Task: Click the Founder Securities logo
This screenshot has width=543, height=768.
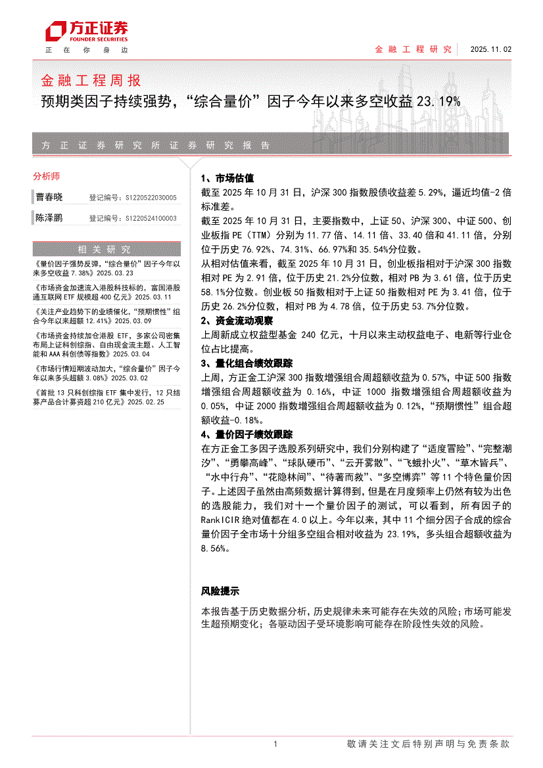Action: point(85,30)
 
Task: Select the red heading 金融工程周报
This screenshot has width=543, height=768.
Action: point(91,81)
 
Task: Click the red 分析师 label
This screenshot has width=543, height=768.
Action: point(46,176)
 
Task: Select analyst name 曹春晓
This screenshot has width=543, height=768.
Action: point(49,197)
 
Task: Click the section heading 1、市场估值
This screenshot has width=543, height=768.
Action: point(227,178)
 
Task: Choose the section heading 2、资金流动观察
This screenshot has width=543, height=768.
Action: point(236,321)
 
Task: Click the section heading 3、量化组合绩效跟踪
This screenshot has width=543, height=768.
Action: point(246,363)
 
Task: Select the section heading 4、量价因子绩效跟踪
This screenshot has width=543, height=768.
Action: point(246,434)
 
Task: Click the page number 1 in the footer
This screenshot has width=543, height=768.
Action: point(275,744)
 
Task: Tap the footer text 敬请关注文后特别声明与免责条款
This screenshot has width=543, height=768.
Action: point(428,744)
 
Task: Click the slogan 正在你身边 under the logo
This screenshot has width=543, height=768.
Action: point(86,50)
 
